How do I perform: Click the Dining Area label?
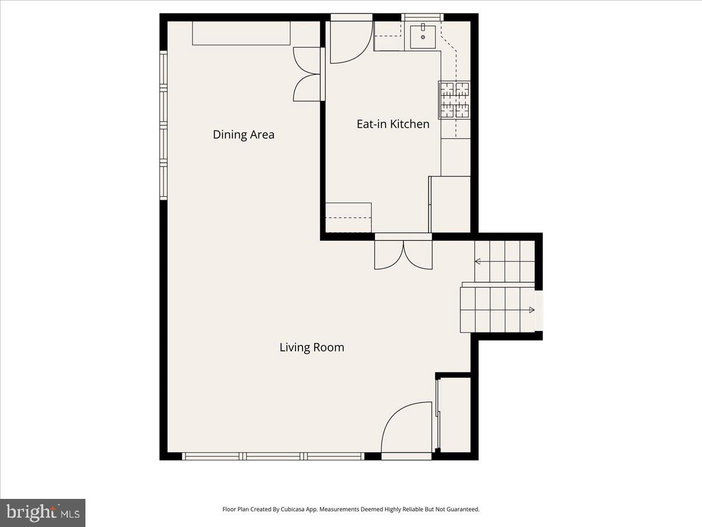coord(243,135)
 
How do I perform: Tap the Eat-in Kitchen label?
coord(393,124)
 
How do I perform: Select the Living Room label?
coord(312,347)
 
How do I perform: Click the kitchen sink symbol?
coord(422,37)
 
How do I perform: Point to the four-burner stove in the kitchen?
coord(455,100)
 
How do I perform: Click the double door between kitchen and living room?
coord(403,253)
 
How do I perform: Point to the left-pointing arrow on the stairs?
coord(478,261)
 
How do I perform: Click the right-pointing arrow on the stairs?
coord(531,309)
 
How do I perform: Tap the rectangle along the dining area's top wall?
coord(242,33)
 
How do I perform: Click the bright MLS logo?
coord(43,512)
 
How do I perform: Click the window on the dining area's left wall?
coord(164,126)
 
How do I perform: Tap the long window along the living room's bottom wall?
coord(273,456)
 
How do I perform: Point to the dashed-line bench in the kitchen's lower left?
coord(349,218)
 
